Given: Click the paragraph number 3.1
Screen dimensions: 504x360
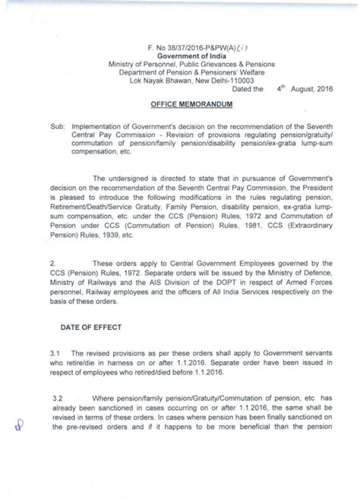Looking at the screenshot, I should coord(53,354).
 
